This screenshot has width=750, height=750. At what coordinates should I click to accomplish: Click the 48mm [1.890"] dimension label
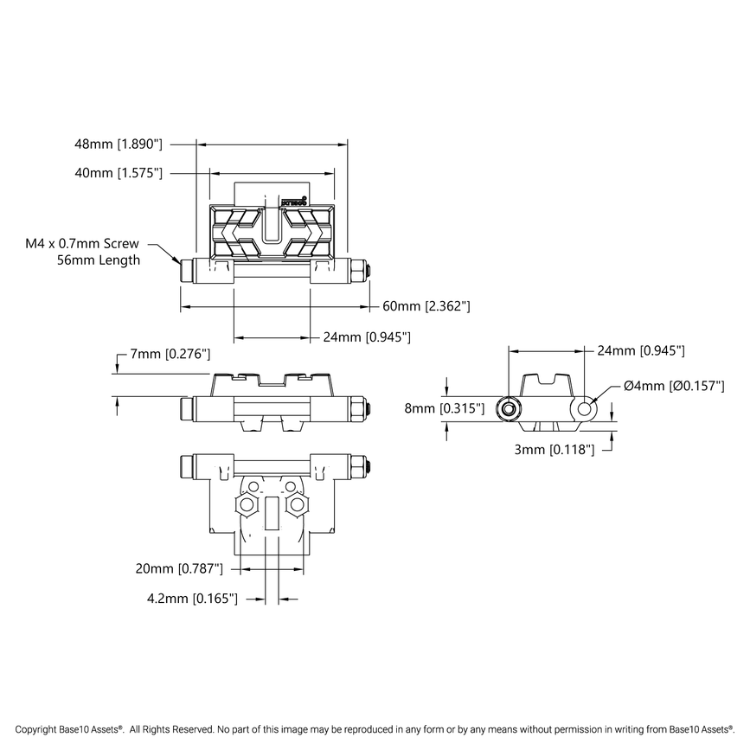pos(119,144)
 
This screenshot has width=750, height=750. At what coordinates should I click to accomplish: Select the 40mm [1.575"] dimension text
pos(119,173)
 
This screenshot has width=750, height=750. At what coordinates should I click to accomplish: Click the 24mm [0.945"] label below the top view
pos(366,337)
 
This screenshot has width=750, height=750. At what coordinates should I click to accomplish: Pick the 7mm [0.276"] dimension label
pos(170,355)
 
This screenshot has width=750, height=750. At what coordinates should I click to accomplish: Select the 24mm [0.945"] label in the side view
pos(641,350)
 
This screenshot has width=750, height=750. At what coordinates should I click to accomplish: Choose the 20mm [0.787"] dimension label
pos(179,568)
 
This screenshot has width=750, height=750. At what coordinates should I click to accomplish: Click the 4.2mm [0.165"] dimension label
pos(190,598)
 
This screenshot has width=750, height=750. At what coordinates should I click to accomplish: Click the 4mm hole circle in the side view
pos(585,407)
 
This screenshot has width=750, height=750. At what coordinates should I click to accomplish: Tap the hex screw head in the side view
pos(510,408)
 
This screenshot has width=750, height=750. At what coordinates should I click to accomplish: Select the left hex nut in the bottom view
pos(248,503)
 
